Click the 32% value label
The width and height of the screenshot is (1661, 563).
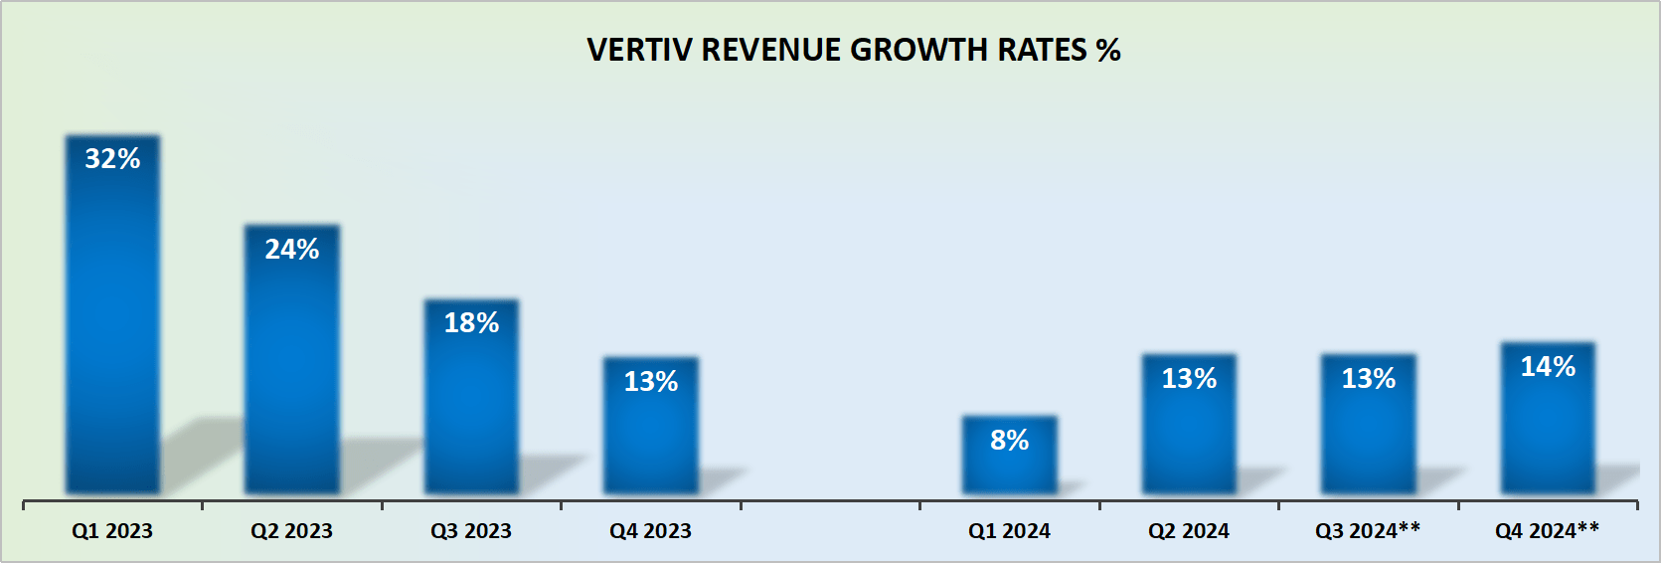(x=112, y=159)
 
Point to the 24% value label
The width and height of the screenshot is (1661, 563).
(x=292, y=250)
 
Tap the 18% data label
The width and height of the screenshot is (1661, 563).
(x=471, y=323)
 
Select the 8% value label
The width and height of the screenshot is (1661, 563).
(x=1009, y=441)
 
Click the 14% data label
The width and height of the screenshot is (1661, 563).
(x=1548, y=367)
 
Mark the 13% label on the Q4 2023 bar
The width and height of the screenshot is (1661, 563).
(x=651, y=382)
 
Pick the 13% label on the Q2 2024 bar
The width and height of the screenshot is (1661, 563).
(x=1189, y=379)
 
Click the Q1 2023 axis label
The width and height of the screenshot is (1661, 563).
(x=112, y=531)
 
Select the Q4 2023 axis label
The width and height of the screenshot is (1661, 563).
(x=651, y=531)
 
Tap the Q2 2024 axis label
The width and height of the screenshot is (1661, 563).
(x=1189, y=531)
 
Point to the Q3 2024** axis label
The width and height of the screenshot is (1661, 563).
(x=1368, y=531)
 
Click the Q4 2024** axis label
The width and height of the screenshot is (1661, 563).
(x=1548, y=531)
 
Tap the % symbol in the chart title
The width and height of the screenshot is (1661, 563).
(x=1108, y=51)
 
